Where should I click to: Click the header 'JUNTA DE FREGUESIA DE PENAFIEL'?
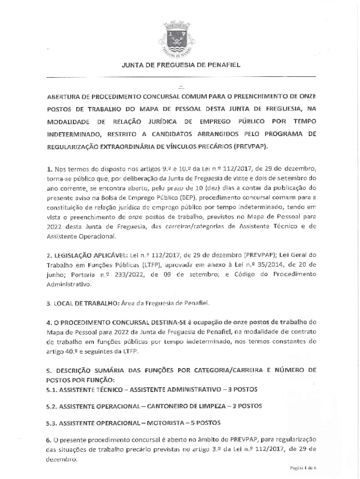tap(181, 65)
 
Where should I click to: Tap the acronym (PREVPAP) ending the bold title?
tap(252, 146)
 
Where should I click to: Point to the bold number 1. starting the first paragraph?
tap(50, 168)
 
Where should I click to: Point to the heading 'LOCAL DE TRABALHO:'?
tap(84, 304)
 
